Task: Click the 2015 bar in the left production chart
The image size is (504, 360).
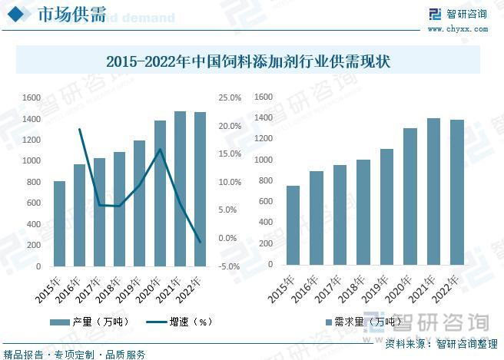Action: pos(59,223)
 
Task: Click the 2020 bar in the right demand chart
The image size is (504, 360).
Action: pos(410,196)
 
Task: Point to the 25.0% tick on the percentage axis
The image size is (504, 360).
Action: pos(230,98)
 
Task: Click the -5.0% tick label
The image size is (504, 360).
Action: pos(230,266)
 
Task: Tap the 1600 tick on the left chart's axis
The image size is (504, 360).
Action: pos(31,98)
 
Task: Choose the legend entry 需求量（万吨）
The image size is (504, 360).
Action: pos(357,322)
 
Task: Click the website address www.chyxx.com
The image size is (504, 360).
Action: pos(457,28)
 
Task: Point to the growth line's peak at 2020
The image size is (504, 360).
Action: pos(160,149)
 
